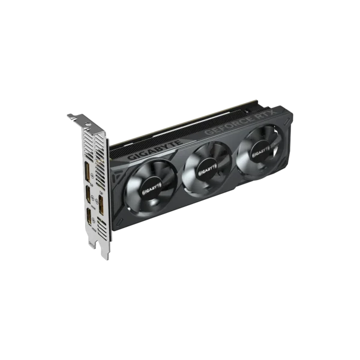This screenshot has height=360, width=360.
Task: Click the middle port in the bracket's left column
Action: pyautogui.click(x=88, y=194)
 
